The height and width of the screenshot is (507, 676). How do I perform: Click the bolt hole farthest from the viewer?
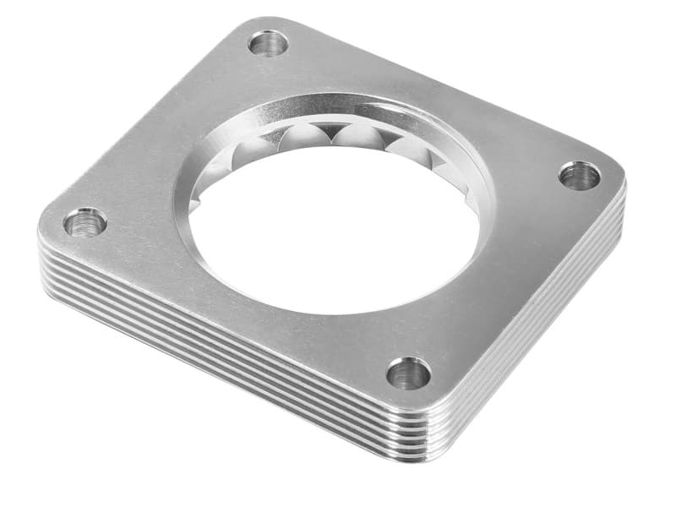click(270, 42)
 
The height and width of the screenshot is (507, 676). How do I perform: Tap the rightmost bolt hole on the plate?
click(580, 176)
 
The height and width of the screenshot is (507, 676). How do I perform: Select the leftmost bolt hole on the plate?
click(85, 223)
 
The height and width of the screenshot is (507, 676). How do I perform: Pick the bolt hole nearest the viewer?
click(409, 373)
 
